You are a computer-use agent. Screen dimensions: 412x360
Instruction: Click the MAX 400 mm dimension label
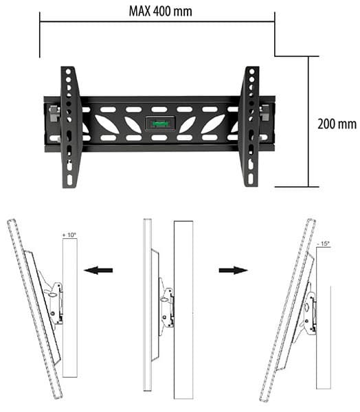[x=160, y=11]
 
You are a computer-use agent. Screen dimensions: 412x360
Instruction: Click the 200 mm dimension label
[x=337, y=124]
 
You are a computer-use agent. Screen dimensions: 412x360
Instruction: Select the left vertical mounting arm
[x=71, y=126]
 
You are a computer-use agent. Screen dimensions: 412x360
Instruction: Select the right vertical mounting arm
[x=249, y=126]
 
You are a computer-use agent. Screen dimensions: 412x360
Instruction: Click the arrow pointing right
[x=234, y=271]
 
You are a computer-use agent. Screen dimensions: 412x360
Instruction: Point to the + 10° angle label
[x=69, y=236]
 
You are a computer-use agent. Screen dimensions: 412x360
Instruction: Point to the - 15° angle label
[x=324, y=243]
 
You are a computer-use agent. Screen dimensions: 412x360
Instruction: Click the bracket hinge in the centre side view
[x=165, y=302]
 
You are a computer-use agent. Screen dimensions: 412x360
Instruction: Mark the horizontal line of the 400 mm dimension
[x=157, y=21]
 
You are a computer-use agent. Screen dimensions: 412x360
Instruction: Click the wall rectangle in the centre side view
[x=184, y=309]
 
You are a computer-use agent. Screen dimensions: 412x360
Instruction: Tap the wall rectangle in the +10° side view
[x=69, y=309]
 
